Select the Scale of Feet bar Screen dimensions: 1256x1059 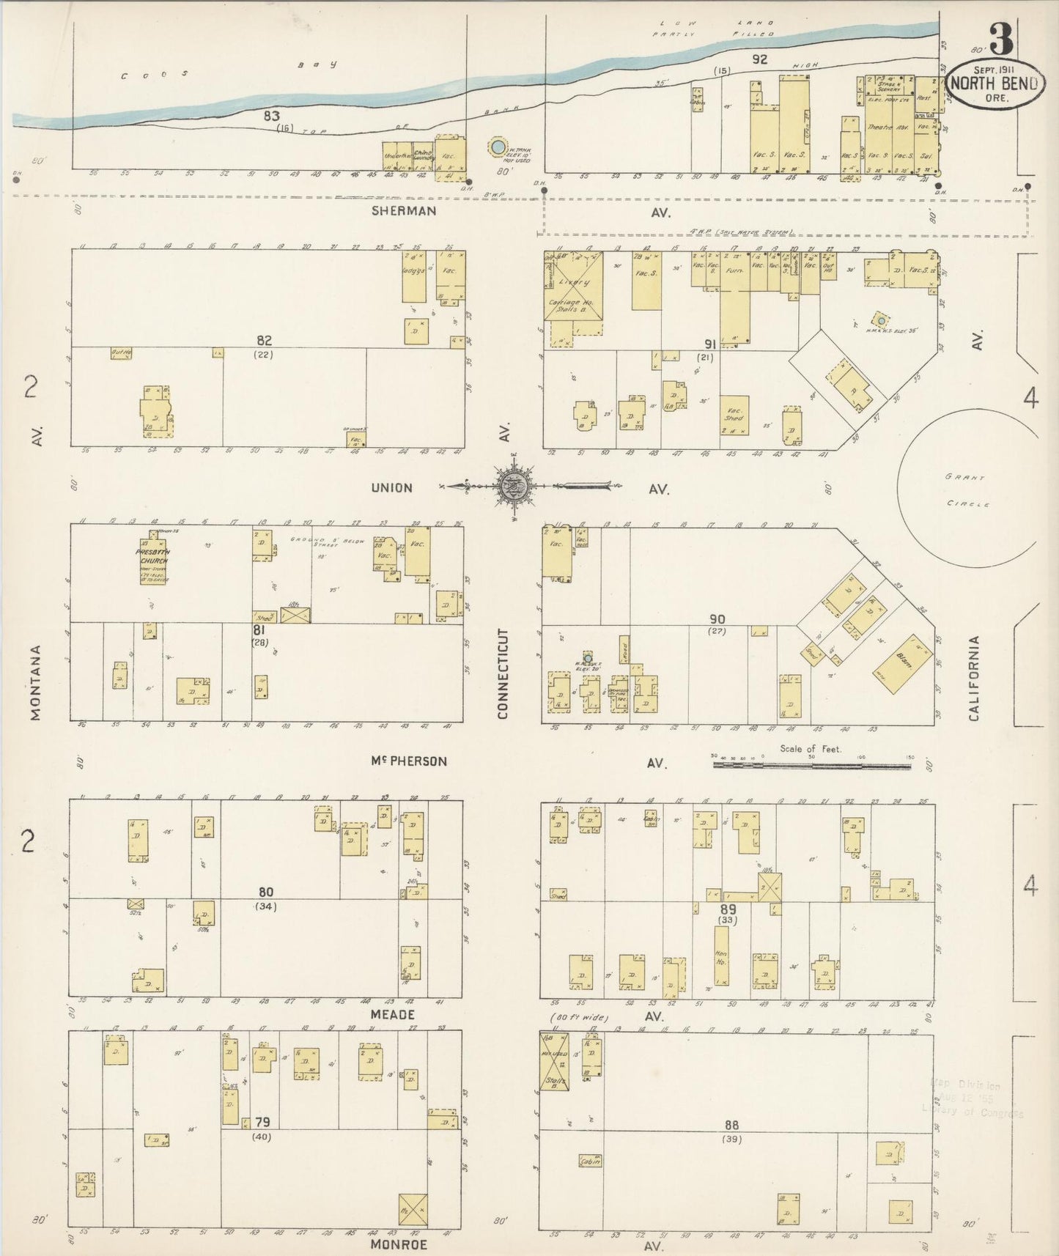[811, 765]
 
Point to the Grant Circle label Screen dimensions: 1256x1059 [967, 490]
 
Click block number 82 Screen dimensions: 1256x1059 [264, 340]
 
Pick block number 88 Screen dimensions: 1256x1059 [731, 1125]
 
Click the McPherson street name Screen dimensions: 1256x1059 [408, 761]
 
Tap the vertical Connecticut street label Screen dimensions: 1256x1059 [503, 673]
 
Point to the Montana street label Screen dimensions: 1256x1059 [36, 682]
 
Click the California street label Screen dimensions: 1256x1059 [974, 678]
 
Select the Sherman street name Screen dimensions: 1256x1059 [403, 211]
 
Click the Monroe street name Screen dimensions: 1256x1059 [398, 1244]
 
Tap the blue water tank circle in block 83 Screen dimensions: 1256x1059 [498, 147]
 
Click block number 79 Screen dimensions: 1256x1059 [262, 1122]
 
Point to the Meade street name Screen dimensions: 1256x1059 [392, 1014]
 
